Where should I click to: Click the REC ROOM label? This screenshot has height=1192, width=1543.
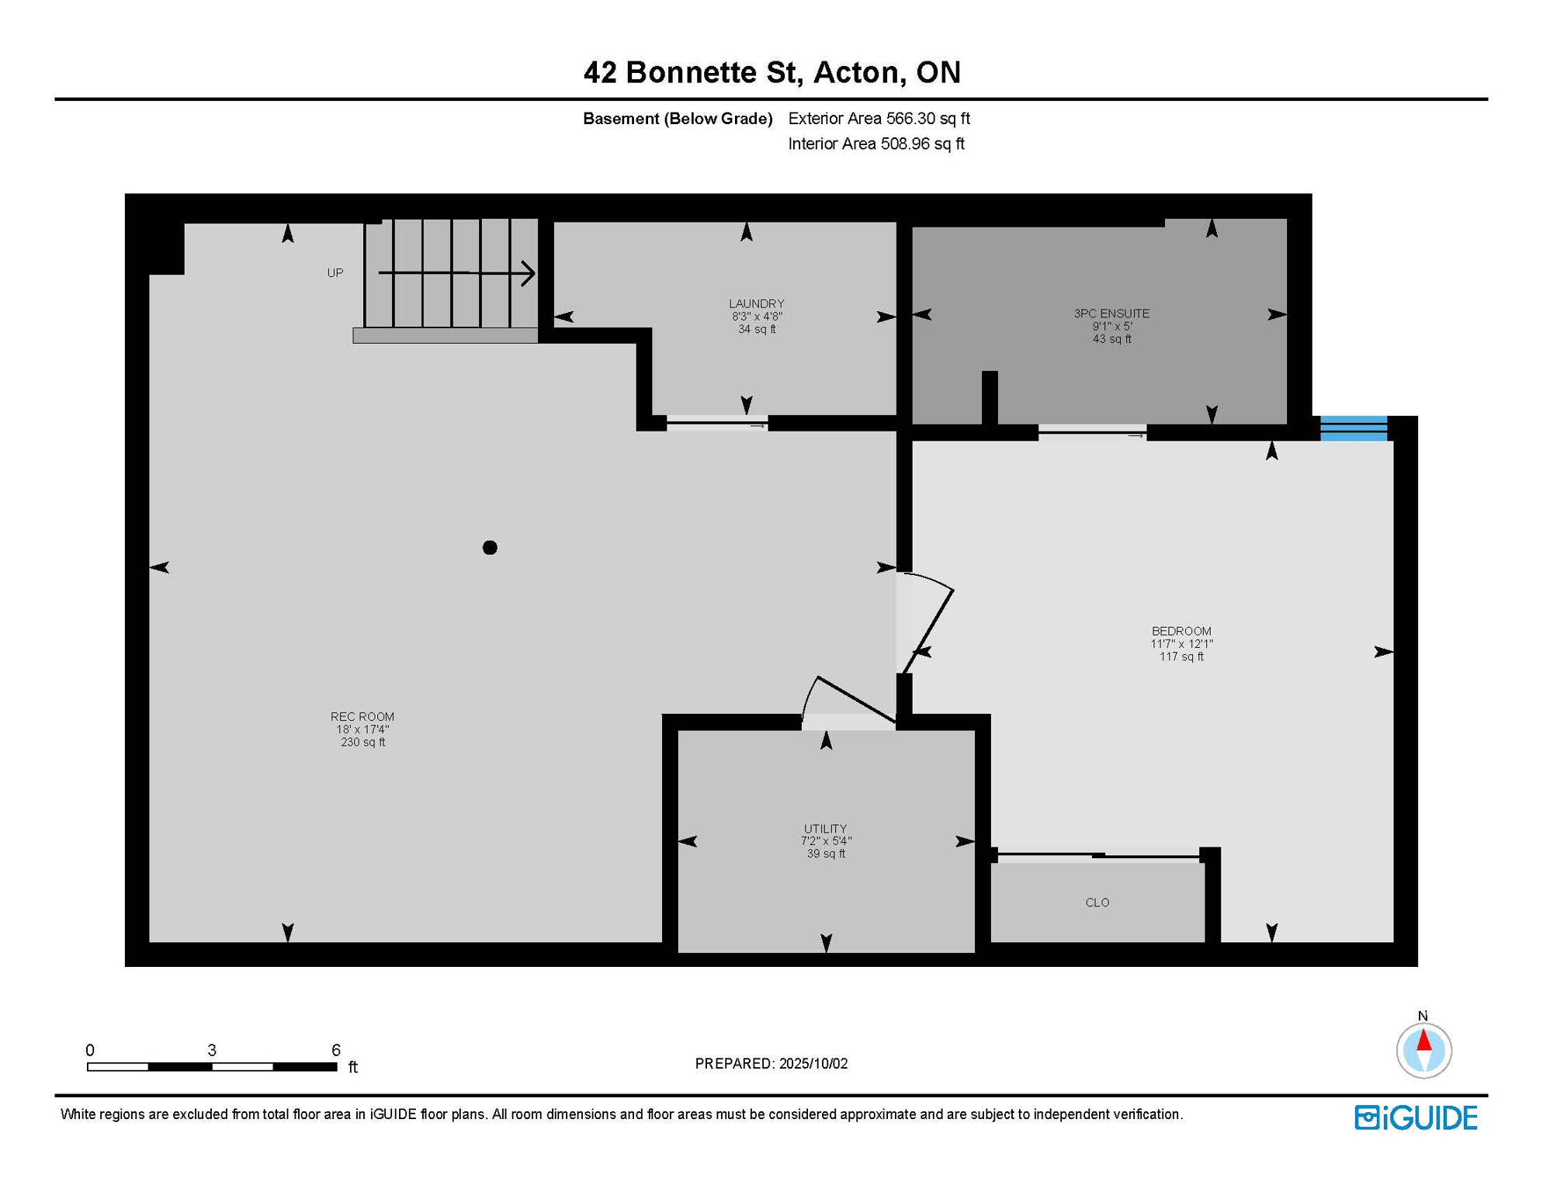[362, 716]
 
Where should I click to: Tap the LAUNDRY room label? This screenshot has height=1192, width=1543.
[756, 303]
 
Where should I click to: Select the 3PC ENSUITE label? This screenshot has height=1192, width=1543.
[1111, 314]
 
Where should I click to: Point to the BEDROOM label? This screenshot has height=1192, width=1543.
[1181, 631]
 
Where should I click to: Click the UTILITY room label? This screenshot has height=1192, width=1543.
[825, 829]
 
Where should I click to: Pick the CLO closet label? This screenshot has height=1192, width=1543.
[1097, 903]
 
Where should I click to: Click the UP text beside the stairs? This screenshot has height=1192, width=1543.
[335, 273]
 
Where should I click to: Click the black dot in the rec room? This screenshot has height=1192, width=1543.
[490, 548]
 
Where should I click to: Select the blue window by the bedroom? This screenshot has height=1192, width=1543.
[1354, 428]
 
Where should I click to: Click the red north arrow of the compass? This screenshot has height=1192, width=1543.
[1423, 1041]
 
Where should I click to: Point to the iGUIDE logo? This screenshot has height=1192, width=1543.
[1416, 1117]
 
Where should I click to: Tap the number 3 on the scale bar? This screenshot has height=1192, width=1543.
[212, 1050]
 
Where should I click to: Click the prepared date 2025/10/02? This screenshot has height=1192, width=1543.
[813, 1063]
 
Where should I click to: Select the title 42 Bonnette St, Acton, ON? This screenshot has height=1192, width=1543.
[772, 72]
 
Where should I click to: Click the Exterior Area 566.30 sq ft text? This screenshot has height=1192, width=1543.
[879, 119]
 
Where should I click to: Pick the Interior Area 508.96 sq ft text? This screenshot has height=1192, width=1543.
[876, 144]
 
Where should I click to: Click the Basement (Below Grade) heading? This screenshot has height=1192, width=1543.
[678, 119]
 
